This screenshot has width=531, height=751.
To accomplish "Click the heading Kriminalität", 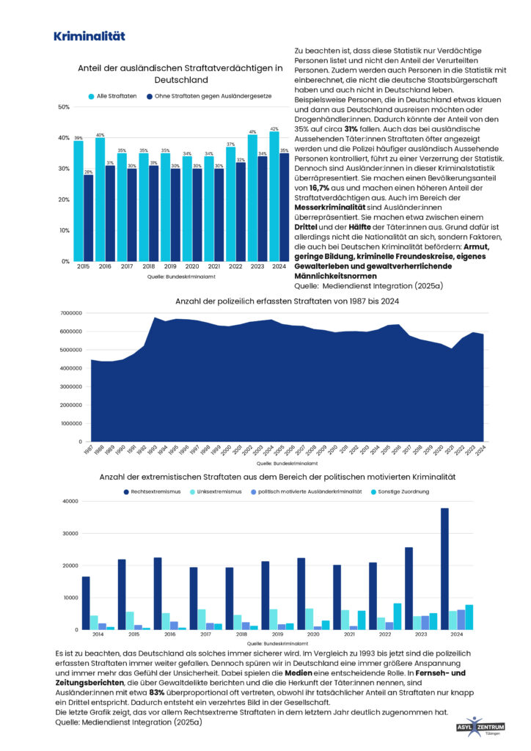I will (89, 36).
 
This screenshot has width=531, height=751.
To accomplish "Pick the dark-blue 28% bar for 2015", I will (88, 218).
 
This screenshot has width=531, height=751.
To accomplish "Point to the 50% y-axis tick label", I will (64, 107).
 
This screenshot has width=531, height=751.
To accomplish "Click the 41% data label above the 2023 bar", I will (253, 132).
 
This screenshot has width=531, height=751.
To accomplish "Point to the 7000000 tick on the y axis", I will (71, 313).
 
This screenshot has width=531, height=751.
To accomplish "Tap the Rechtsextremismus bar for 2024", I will (444, 568).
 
